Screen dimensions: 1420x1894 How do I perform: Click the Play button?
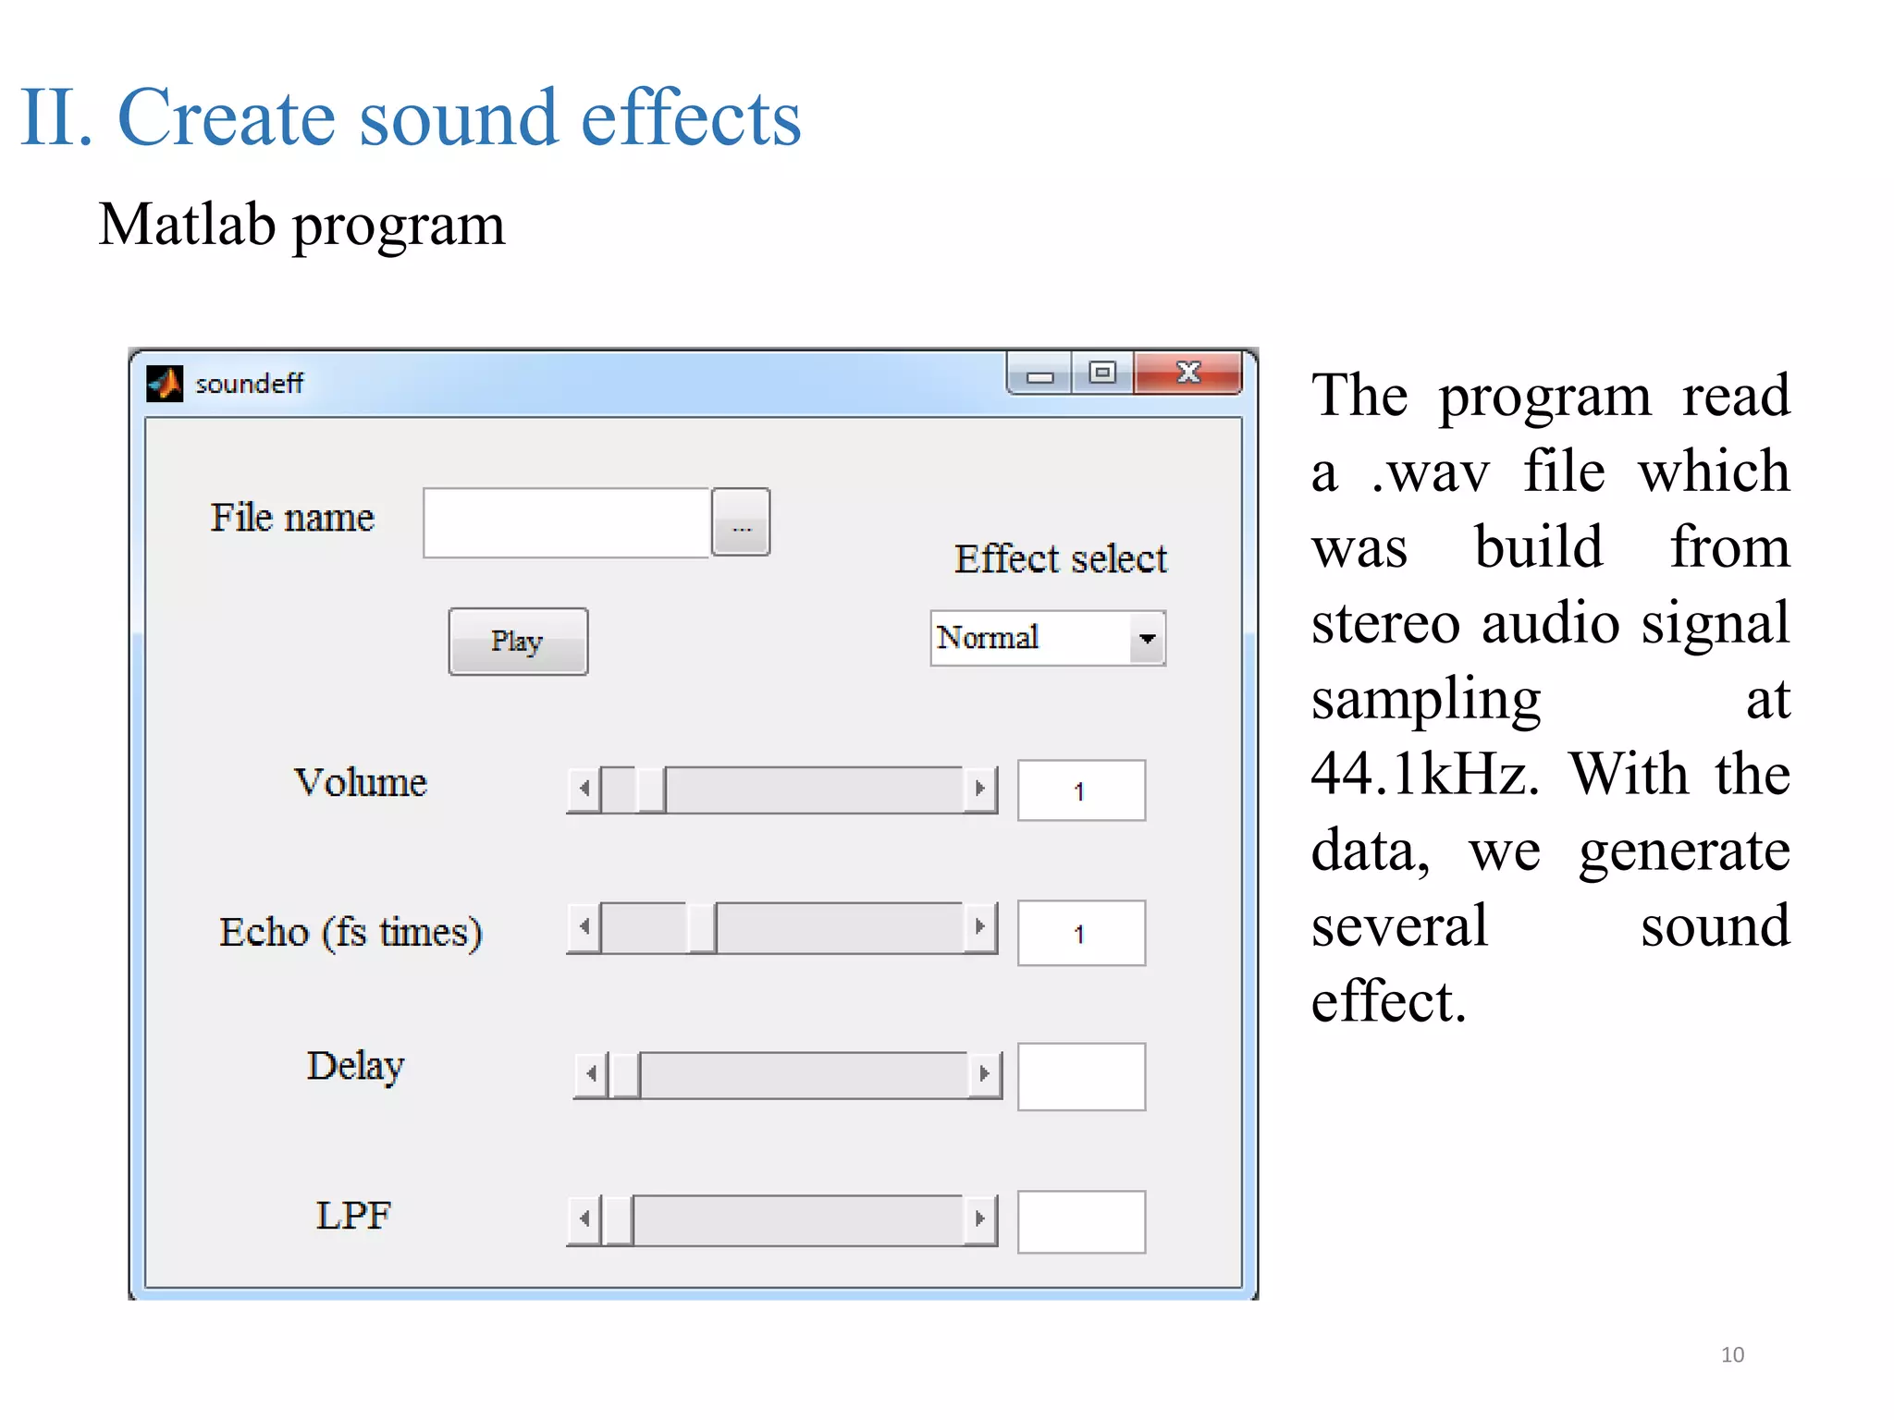click(518, 642)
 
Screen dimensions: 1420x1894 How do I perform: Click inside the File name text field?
click(566, 523)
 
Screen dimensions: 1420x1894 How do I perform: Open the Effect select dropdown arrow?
click(1147, 639)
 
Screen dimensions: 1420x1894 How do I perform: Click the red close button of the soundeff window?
click(1187, 373)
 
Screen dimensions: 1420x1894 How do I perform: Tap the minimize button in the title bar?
click(1039, 375)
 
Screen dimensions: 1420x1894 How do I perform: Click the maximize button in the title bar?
click(1102, 373)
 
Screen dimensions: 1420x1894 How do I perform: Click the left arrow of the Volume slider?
click(584, 790)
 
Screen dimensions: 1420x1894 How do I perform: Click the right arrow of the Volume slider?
click(980, 790)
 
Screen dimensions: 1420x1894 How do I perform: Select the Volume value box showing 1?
click(1080, 790)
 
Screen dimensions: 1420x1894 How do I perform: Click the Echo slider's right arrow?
click(980, 927)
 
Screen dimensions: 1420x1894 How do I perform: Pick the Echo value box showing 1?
click(1080, 933)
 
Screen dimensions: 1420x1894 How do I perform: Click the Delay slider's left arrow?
click(591, 1074)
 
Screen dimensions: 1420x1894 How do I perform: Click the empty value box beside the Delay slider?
click(1080, 1076)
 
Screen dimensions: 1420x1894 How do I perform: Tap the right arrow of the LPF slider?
click(980, 1219)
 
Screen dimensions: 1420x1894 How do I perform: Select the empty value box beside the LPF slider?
click(1080, 1221)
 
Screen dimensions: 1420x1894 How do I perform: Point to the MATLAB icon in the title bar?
click(165, 384)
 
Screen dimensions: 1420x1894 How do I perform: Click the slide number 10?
click(1732, 1354)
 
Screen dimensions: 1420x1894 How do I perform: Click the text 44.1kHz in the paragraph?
click(1424, 774)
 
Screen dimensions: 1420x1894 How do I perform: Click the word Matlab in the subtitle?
click(187, 225)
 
